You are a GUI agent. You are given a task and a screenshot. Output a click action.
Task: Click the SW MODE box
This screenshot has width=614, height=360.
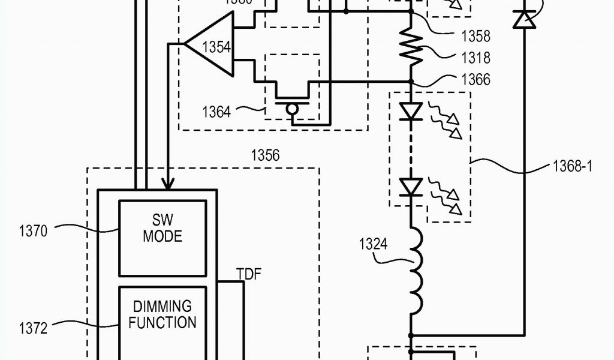(162, 237)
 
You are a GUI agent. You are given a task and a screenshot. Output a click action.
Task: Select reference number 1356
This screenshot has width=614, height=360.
(264, 155)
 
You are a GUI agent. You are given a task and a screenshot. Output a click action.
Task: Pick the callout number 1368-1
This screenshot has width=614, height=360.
(572, 166)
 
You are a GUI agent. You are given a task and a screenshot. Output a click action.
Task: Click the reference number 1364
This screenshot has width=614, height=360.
(216, 111)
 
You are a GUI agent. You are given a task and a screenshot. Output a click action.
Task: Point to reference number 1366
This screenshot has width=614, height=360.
(475, 79)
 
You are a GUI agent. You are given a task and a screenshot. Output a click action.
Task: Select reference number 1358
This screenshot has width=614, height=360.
(475, 36)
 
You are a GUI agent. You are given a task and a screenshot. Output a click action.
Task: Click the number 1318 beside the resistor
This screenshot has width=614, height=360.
(475, 58)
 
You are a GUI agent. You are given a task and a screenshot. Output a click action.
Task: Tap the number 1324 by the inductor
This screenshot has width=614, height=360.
(373, 244)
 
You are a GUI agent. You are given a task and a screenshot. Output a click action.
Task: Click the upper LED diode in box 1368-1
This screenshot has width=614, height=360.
(411, 112)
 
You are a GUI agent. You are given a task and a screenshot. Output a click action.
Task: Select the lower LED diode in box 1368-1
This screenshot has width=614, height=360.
(411, 188)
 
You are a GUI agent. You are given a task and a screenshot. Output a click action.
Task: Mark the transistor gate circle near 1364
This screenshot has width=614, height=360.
(292, 109)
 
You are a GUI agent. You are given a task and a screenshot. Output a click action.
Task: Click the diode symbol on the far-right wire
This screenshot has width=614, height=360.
(524, 20)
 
